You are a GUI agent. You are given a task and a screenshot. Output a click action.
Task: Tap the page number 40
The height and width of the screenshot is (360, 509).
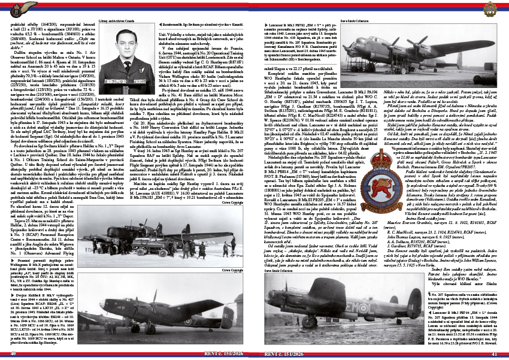click(x=13, y=353)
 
